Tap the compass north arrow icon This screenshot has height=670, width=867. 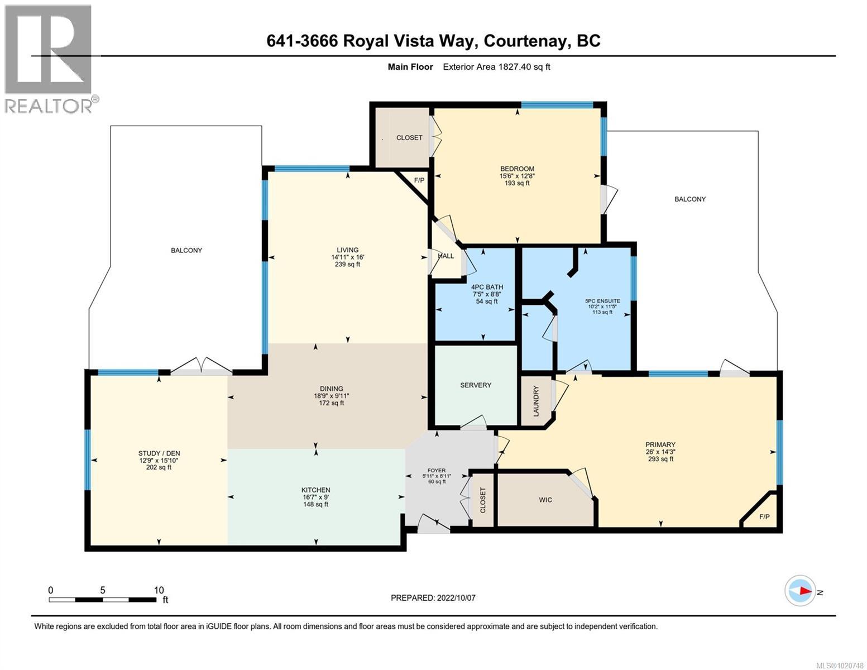click(x=800, y=591)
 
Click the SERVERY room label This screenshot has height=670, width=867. click(x=476, y=385)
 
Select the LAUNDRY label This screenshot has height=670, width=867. click(x=537, y=400)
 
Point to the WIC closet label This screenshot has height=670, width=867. click(x=545, y=500)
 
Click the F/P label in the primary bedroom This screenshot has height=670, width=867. click(x=764, y=517)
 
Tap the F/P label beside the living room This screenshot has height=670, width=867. click(x=419, y=180)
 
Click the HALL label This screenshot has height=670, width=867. click(x=446, y=256)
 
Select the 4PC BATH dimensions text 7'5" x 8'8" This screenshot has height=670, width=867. click(x=482, y=294)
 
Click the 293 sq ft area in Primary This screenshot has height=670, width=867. click(x=661, y=459)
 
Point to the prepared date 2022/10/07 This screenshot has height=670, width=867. click(x=456, y=597)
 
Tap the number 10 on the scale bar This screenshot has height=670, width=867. click(x=159, y=590)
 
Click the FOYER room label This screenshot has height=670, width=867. click(x=436, y=470)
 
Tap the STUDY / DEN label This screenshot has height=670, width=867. click(x=159, y=453)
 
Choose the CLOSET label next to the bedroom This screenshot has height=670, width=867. click(x=409, y=138)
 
